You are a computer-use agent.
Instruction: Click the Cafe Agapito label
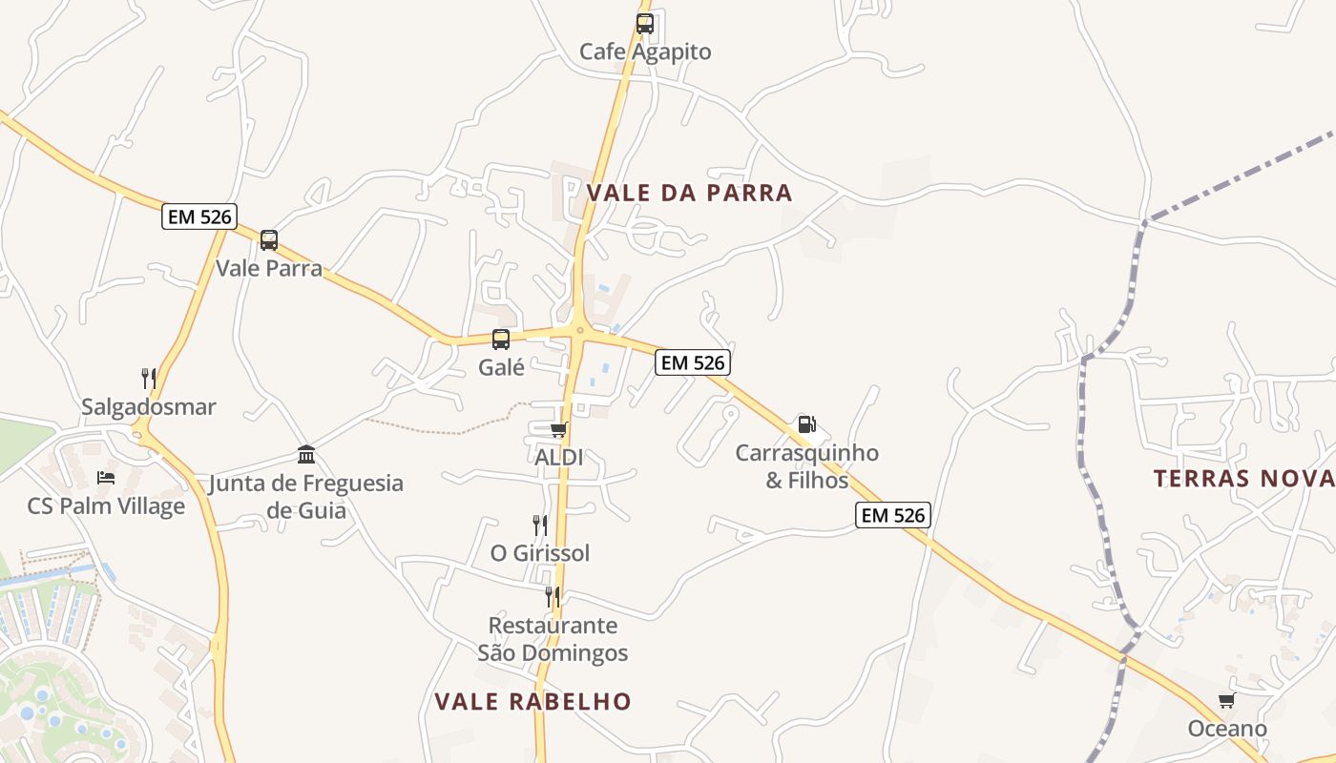(x=645, y=52)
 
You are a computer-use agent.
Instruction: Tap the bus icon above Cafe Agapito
(x=645, y=24)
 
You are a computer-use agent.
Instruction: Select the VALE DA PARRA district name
(x=689, y=193)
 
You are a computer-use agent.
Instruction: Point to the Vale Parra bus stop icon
(x=269, y=240)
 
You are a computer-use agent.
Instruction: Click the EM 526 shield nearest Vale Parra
(x=199, y=217)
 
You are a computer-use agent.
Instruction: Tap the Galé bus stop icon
(x=501, y=339)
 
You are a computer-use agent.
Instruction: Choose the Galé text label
(x=501, y=367)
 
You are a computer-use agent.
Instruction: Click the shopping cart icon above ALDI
(x=558, y=430)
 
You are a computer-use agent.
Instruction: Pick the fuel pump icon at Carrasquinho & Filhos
(x=806, y=424)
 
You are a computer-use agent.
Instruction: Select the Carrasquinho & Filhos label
(x=806, y=466)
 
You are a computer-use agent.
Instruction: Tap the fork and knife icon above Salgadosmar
(x=149, y=379)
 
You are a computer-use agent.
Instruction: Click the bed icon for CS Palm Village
(x=106, y=477)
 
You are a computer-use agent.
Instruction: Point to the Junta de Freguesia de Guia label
(x=306, y=496)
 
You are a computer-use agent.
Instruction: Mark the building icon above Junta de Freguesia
(x=306, y=454)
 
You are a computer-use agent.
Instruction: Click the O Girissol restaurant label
(x=540, y=553)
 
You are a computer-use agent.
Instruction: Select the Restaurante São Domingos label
(x=553, y=639)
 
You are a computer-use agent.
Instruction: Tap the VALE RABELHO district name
(x=532, y=702)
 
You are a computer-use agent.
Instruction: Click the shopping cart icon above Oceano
(x=1226, y=701)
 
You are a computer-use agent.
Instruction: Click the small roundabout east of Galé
(x=579, y=331)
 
